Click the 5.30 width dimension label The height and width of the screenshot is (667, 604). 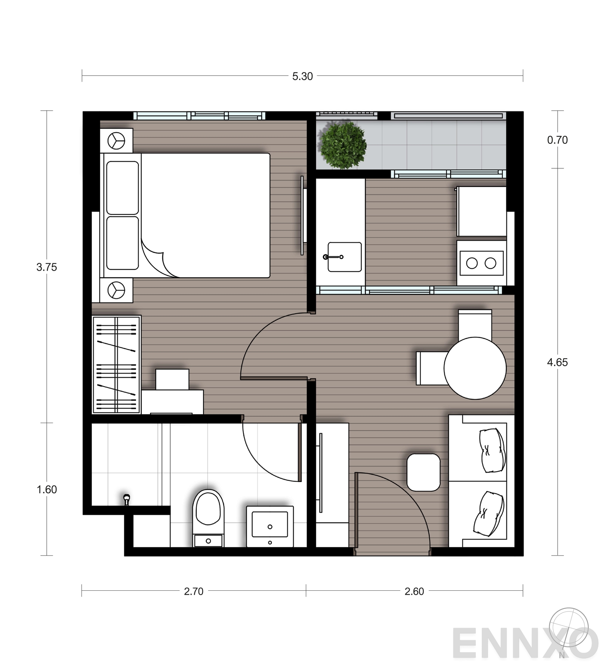302,76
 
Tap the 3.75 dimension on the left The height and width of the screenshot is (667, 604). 46,267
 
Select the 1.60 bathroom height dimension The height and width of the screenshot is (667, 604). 46,490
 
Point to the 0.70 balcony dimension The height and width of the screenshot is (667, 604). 557,140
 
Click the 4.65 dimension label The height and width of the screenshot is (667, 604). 557,362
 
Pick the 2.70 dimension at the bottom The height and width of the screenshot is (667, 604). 194,592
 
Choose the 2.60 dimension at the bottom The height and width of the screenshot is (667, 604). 414,592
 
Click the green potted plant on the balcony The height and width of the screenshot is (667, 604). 343,145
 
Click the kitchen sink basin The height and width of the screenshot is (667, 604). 344,257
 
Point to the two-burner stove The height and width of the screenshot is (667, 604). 481,263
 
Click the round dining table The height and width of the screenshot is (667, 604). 475,368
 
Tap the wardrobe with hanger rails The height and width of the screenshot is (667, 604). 116,365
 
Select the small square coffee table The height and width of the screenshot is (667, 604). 424,472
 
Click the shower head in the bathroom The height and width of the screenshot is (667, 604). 127,499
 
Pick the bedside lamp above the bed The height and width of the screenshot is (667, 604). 116,141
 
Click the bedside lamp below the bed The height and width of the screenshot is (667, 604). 116,290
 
